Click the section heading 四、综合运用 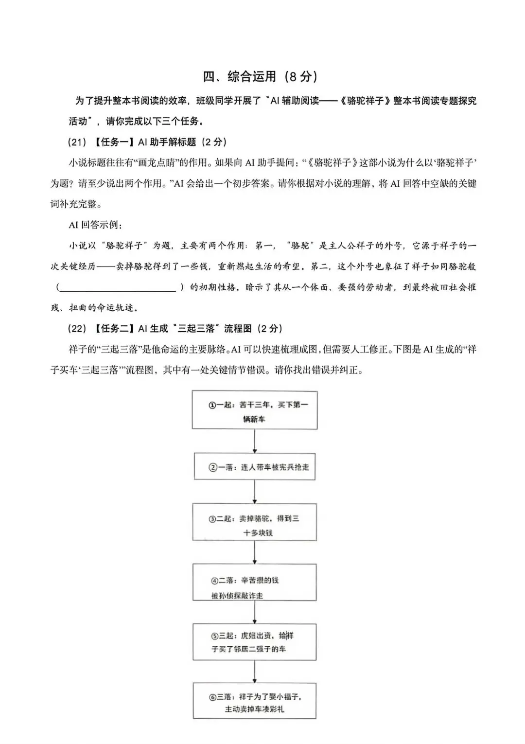[239, 76]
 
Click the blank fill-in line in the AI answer [117, 288]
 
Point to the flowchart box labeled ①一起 [255, 410]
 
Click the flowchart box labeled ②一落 [255, 467]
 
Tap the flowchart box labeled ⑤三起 [255, 642]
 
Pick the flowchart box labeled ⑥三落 [255, 701]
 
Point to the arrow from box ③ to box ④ [255, 552]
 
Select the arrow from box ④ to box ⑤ [255, 612]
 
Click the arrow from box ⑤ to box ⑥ [255, 672]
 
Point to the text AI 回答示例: [96, 225]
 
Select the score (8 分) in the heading [301, 76]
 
